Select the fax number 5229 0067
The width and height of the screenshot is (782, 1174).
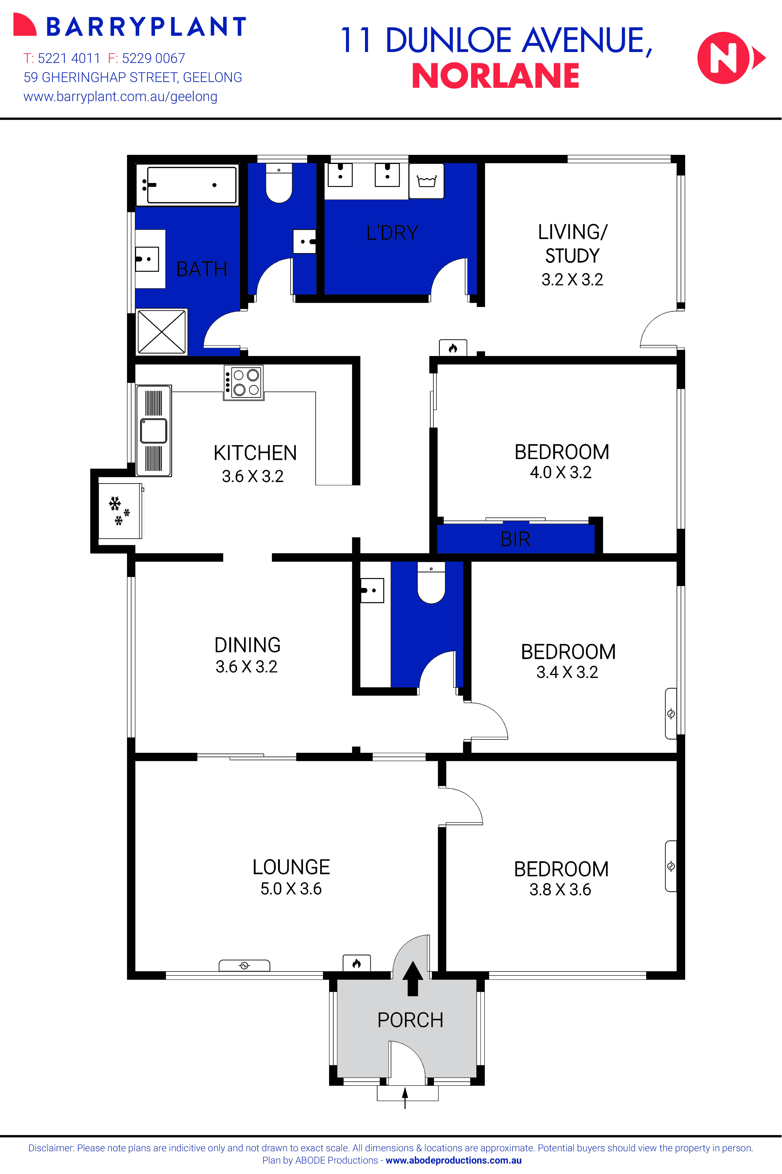pos(153,58)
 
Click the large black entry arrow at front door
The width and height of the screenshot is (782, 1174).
pos(412,978)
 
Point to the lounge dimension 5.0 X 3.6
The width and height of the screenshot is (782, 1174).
pos(291,889)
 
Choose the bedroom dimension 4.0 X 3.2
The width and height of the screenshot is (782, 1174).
pos(560,472)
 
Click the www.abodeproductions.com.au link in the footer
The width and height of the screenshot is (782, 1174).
pos(453,1160)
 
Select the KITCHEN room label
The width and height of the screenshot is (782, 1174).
pos(255,453)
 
